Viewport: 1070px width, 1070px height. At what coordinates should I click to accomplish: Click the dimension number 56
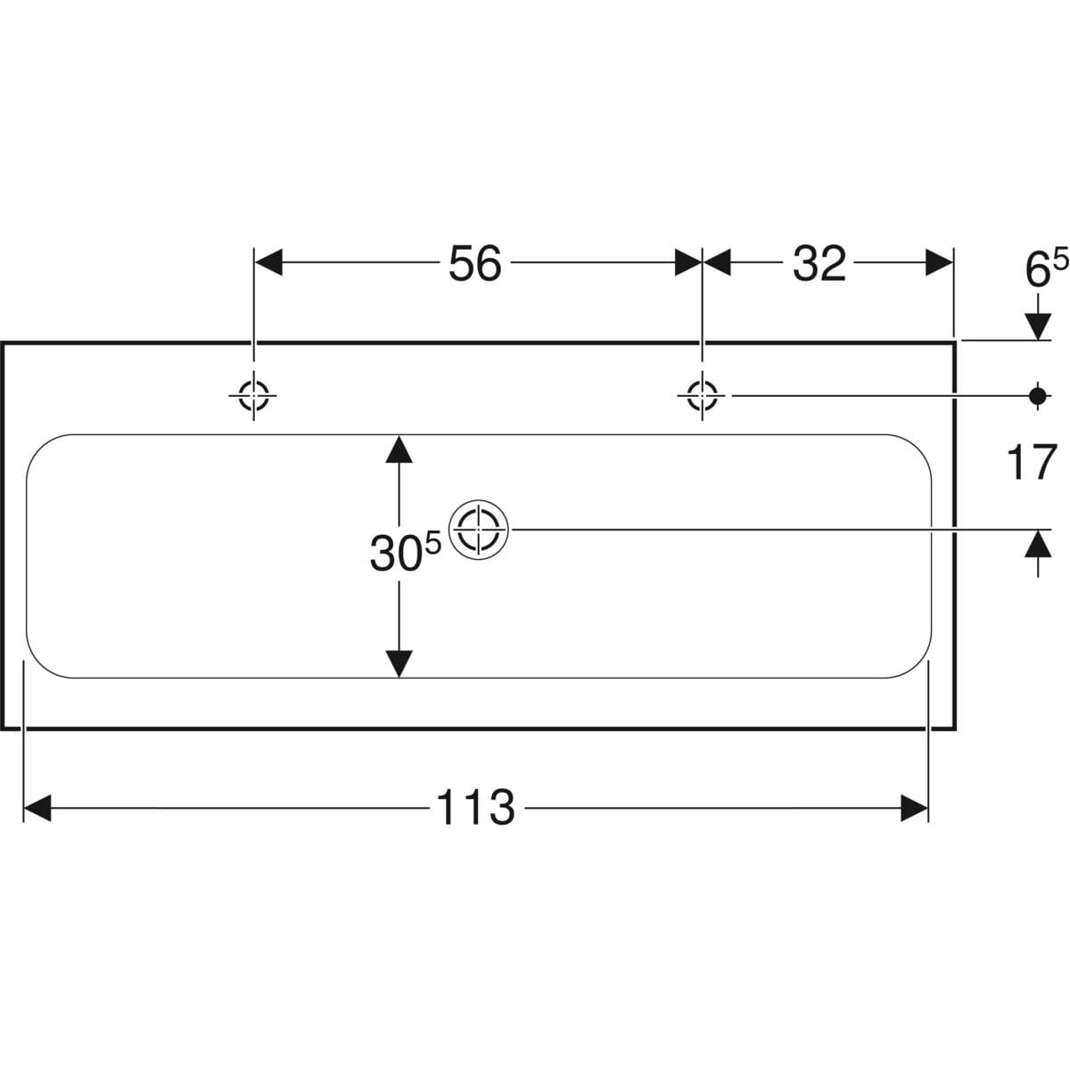pyautogui.click(x=474, y=264)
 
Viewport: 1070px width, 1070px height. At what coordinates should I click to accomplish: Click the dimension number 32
pyautogui.click(x=819, y=264)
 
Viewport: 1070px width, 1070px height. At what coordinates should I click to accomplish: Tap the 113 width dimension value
pyautogui.click(x=475, y=808)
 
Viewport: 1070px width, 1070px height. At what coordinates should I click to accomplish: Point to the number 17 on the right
pyautogui.click(x=1031, y=463)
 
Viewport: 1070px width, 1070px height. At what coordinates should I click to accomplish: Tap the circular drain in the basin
pyautogui.click(x=479, y=529)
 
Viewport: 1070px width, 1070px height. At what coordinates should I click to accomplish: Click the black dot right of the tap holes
pyautogui.click(x=1037, y=395)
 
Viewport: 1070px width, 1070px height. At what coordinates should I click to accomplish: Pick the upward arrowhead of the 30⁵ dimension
pyautogui.click(x=399, y=449)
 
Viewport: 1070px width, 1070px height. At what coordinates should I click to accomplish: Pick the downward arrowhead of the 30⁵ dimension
pyautogui.click(x=399, y=663)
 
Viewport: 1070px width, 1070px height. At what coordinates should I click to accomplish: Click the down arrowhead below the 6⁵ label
pyautogui.click(x=1037, y=326)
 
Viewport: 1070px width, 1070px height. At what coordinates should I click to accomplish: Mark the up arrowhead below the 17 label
pyautogui.click(x=1037, y=543)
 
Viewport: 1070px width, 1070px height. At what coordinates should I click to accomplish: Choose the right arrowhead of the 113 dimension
pyautogui.click(x=915, y=809)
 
